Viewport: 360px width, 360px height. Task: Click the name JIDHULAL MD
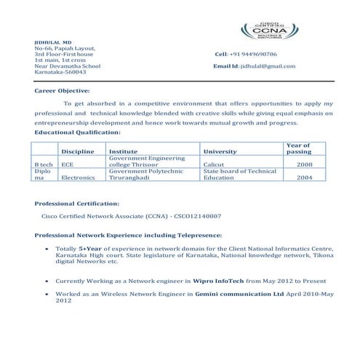click(x=49, y=43)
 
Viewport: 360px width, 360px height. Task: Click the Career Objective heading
click(x=63, y=91)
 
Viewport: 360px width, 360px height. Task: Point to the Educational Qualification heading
click(x=78, y=132)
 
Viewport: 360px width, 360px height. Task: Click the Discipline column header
click(x=78, y=151)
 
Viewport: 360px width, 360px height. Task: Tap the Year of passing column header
click(x=299, y=148)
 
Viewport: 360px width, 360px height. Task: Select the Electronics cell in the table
click(x=79, y=177)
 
